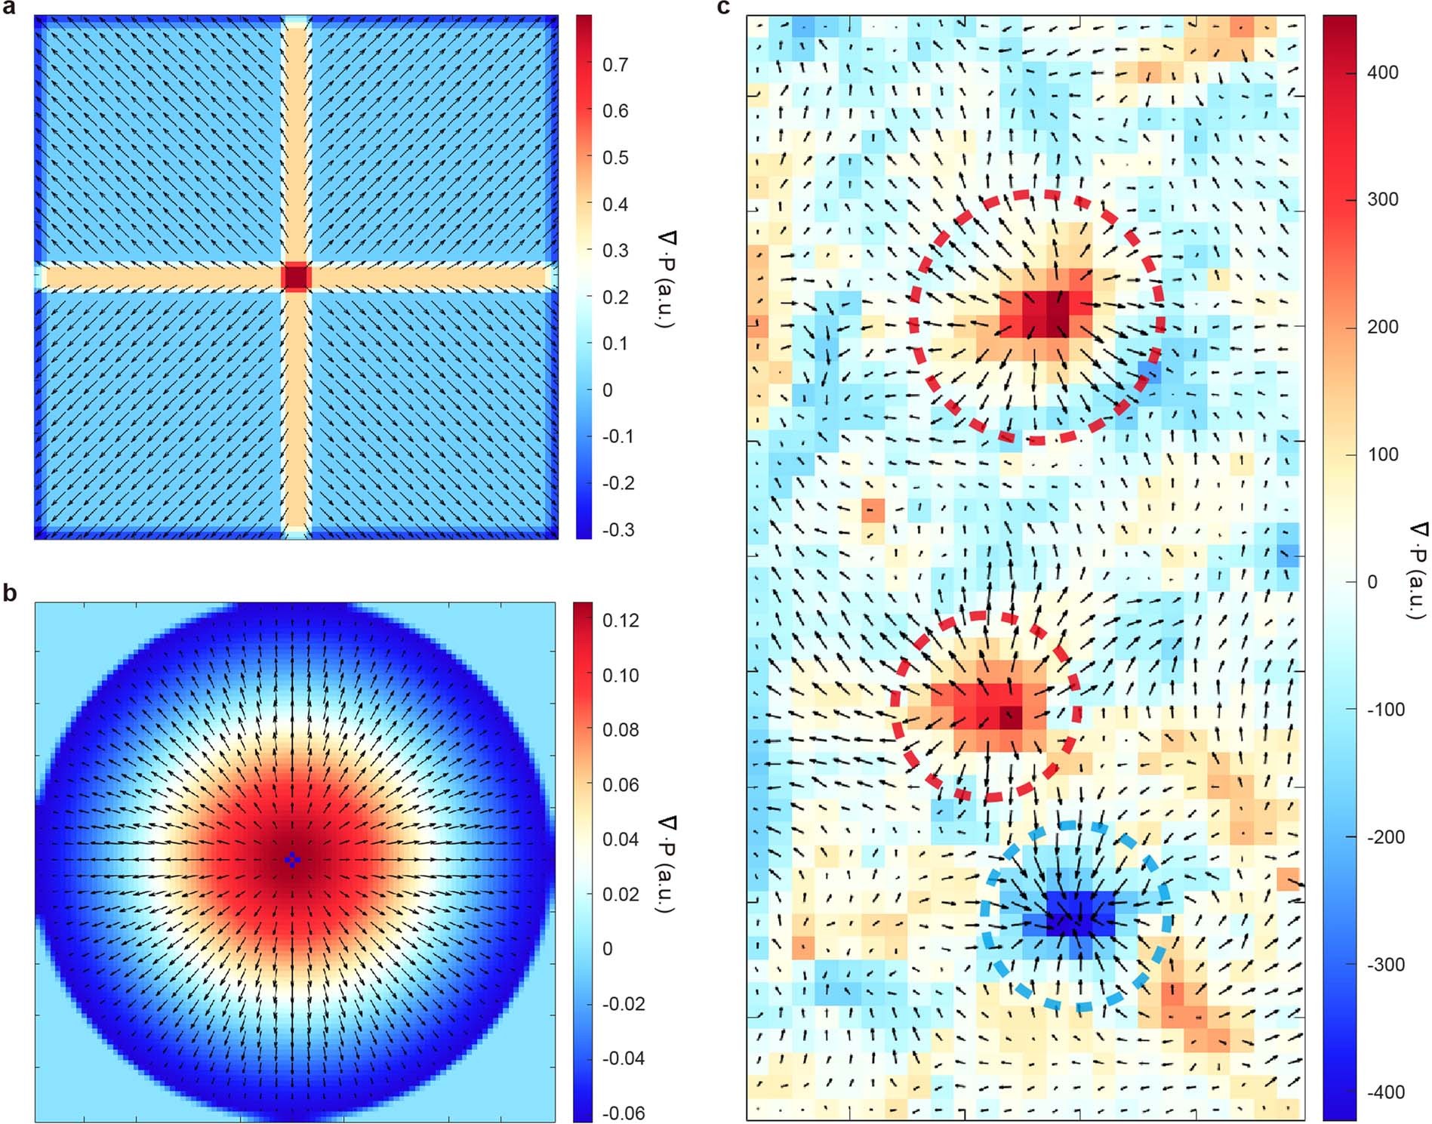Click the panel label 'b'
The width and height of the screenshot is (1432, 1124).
pyautogui.click(x=9, y=593)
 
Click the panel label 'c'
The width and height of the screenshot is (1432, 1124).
pyautogui.click(x=724, y=8)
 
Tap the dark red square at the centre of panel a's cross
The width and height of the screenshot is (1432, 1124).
pyautogui.click(x=295, y=277)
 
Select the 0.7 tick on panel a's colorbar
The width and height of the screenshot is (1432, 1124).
pyautogui.click(x=615, y=65)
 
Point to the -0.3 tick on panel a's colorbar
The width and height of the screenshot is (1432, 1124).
pyautogui.click(x=617, y=530)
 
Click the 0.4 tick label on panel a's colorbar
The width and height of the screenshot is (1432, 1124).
pyautogui.click(x=615, y=205)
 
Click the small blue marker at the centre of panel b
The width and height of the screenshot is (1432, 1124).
pyautogui.click(x=293, y=859)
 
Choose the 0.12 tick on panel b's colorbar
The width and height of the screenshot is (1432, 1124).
pyautogui.click(x=621, y=621)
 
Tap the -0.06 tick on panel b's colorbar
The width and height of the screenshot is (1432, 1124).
pyautogui.click(x=623, y=1113)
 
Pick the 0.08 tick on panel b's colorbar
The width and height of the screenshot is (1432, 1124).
pyautogui.click(x=621, y=730)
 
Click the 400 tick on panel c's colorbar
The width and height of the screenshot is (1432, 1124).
pyautogui.click(x=1382, y=72)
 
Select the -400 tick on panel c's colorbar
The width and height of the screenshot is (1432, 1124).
pyautogui.click(x=1385, y=1092)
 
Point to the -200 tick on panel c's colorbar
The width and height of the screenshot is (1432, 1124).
pyautogui.click(x=1385, y=837)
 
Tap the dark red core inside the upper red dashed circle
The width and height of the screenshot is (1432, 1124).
pyautogui.click(x=1046, y=313)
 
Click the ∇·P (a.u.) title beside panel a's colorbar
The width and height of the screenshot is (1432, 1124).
pyautogui.click(x=665, y=279)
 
